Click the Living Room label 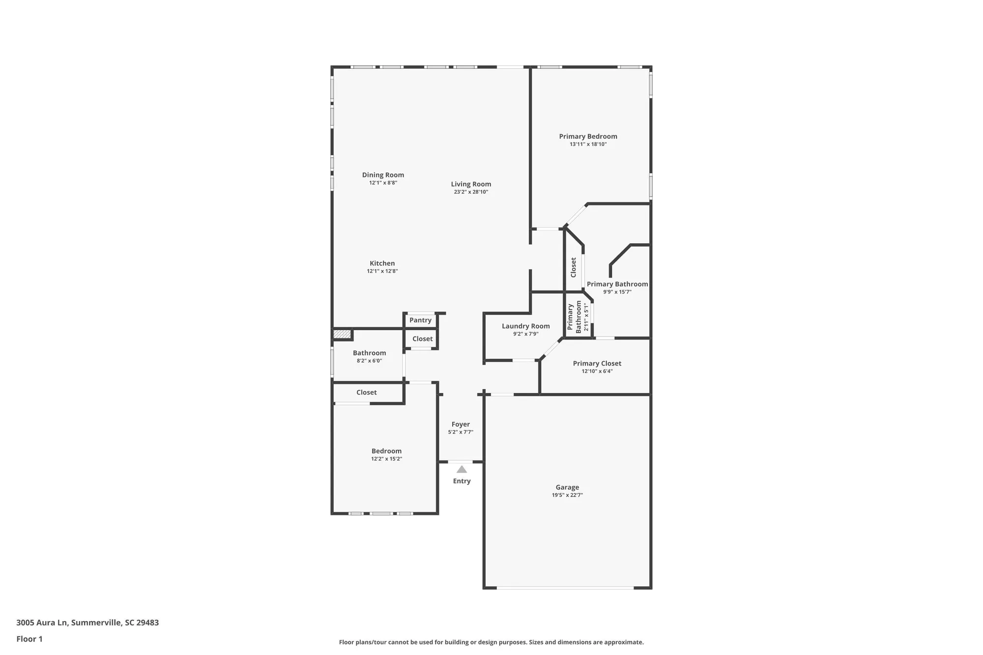pos(471,184)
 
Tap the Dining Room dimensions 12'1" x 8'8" pos(383,183)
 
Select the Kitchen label pos(382,263)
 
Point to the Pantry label pos(420,320)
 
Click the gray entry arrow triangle pos(462,469)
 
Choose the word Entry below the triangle pos(462,481)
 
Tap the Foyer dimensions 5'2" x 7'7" pos(461,432)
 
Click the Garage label pos(567,487)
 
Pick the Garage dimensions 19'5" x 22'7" pos(567,495)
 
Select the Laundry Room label pos(525,326)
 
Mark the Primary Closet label pos(597,364)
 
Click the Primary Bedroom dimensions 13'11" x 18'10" pos(588,144)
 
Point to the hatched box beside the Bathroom pos(342,334)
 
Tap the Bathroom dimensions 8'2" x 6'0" pos(369,361)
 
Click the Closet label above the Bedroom pos(367,392)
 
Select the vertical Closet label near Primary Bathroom pos(573,267)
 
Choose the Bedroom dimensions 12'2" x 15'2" pos(386,459)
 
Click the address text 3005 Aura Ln pos(41,623)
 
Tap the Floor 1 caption pos(29,639)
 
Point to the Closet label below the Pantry pos(422,339)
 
